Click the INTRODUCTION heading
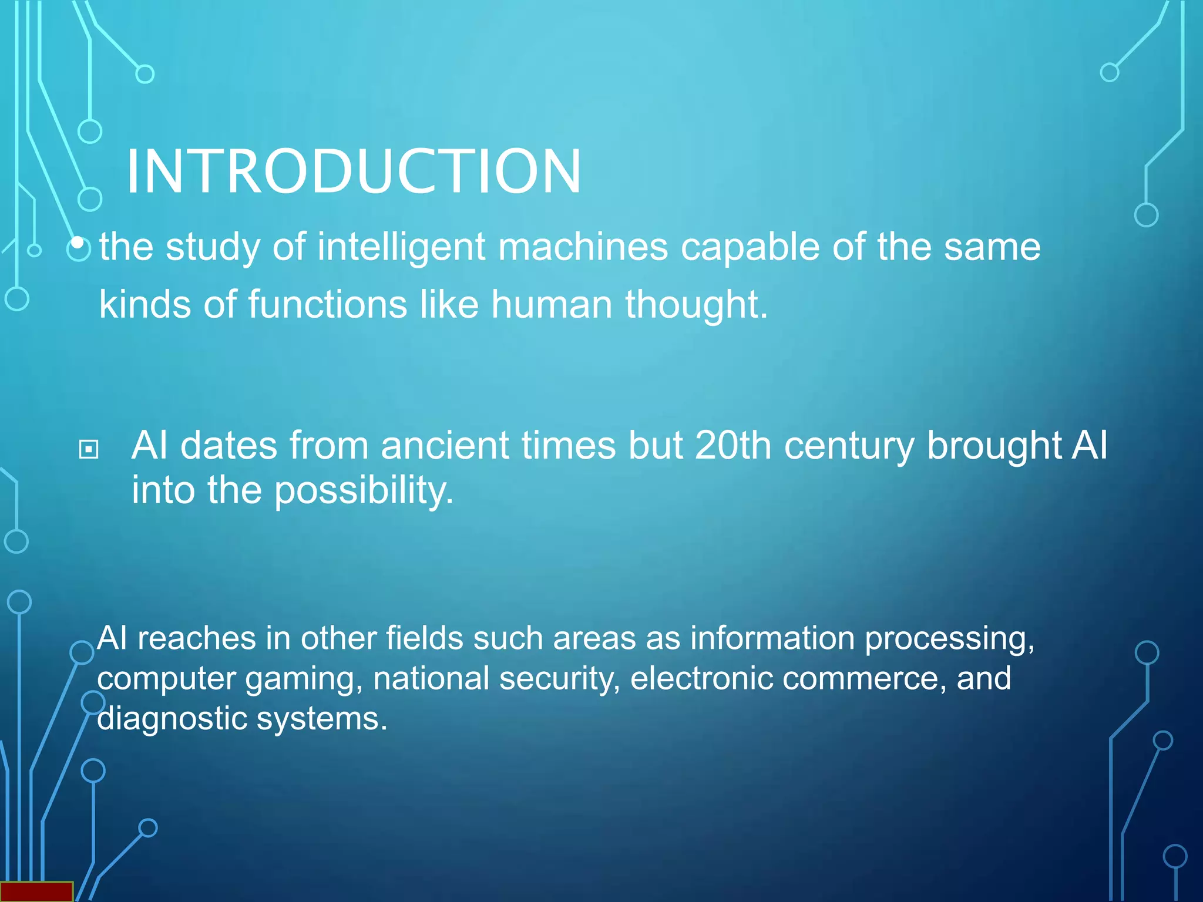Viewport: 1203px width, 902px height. point(353,171)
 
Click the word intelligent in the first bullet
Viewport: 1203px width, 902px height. point(401,247)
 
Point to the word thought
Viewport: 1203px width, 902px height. point(696,304)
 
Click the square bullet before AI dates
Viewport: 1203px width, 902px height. point(89,450)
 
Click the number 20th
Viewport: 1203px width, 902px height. point(732,445)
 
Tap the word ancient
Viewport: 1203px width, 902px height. point(445,445)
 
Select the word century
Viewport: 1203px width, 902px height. point(849,445)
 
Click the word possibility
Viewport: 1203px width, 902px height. point(364,490)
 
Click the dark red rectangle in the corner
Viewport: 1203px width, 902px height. point(36,891)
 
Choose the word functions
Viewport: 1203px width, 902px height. point(327,304)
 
